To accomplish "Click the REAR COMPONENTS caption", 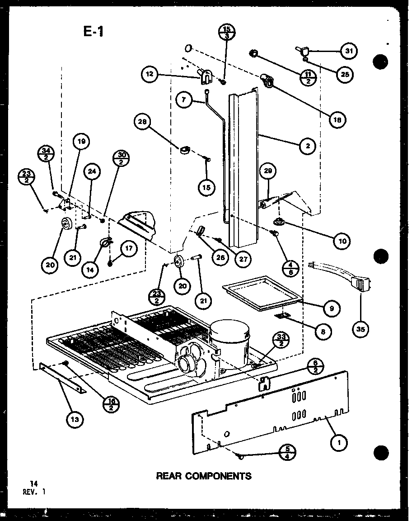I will tap(203, 475).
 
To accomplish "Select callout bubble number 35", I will tap(360, 329).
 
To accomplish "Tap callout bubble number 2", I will tap(307, 145).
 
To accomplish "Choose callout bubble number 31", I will tap(348, 51).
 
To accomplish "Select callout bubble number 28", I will tap(143, 122).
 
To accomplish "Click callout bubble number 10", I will tap(342, 241).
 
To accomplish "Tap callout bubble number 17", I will tap(129, 248).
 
